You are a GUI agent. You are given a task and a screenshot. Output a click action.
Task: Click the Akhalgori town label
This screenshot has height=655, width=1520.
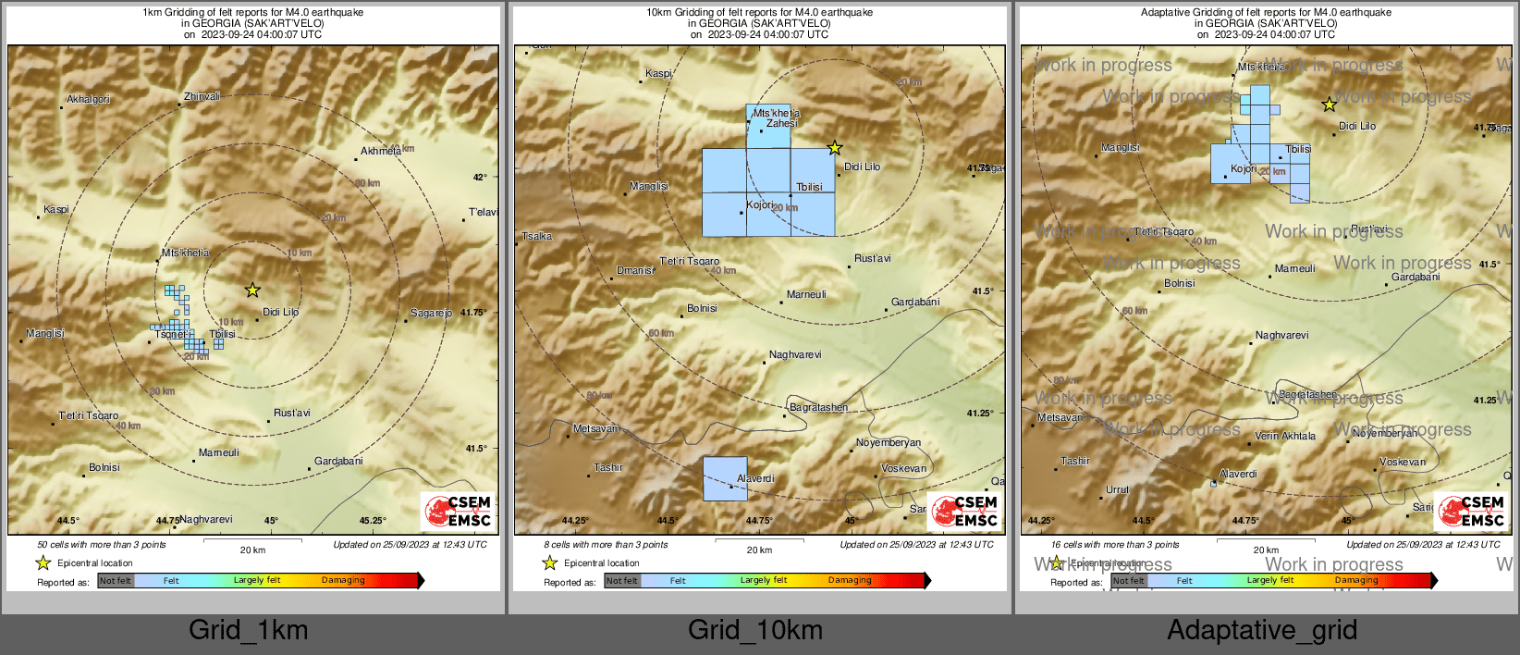[88, 99]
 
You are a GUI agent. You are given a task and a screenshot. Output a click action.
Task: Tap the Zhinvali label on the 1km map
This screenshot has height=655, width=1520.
[202, 96]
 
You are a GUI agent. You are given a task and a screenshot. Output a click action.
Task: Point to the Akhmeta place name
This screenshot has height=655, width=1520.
[381, 151]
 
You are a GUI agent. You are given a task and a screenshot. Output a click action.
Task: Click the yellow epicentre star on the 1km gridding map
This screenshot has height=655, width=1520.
[252, 290]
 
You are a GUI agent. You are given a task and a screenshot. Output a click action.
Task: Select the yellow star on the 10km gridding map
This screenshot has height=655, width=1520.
[835, 147]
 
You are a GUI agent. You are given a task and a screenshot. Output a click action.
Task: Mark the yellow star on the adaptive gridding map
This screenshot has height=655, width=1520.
[1329, 105]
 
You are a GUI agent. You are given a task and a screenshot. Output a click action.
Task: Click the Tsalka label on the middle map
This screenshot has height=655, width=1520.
[537, 236]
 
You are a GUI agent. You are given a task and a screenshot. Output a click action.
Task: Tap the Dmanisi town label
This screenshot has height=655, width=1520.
[635, 270]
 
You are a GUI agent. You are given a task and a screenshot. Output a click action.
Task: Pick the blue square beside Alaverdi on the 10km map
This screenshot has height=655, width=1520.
[725, 478]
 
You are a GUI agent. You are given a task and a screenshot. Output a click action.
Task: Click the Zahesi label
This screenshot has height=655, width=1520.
[781, 123]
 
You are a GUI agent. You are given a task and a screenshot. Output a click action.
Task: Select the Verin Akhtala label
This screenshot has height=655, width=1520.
[1285, 436]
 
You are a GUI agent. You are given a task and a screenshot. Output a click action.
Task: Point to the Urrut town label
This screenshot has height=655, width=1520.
[1117, 489]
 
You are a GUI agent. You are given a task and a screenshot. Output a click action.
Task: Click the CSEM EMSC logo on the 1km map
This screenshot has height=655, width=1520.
[457, 511]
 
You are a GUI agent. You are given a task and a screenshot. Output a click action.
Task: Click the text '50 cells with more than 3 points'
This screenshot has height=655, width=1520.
[102, 545]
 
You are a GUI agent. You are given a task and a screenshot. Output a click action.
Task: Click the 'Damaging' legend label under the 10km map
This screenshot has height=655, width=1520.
[850, 580]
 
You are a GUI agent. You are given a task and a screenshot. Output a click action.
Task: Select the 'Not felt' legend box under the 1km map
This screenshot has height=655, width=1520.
[115, 581]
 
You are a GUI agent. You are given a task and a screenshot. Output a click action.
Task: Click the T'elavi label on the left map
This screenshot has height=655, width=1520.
[483, 212]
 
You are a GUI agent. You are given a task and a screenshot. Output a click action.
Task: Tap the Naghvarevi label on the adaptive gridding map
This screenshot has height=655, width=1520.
[1281, 335]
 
